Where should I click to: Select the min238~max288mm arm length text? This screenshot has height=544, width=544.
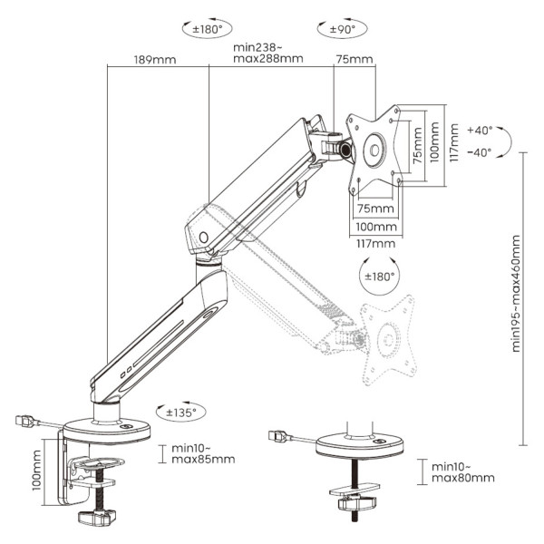tap(268, 53)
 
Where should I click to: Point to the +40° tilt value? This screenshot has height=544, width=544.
tap(480, 130)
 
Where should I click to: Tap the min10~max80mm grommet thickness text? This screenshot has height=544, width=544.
tap(463, 471)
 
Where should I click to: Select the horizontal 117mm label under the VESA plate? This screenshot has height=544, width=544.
tap(374, 243)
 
